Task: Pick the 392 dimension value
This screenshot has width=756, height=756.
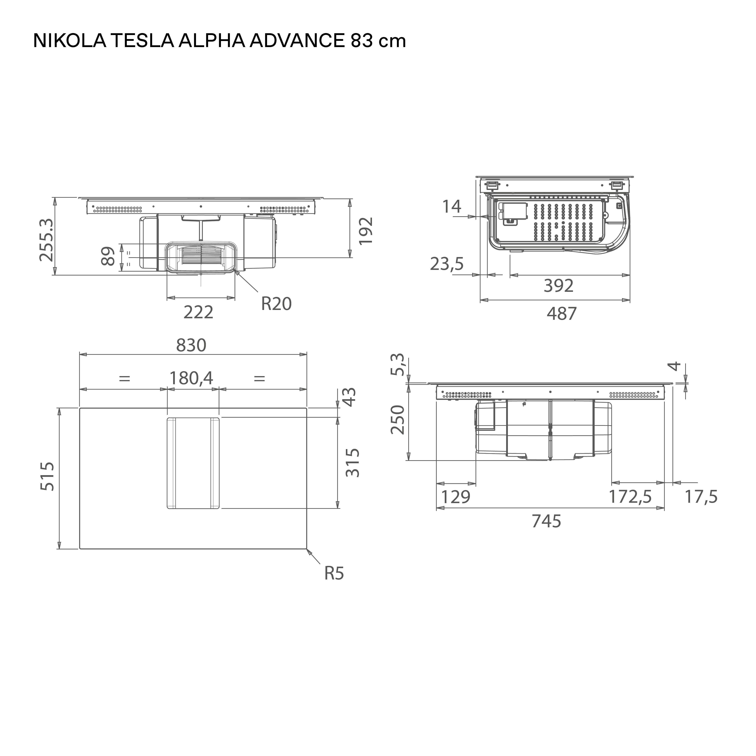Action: [x=558, y=286]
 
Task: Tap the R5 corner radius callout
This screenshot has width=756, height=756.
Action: [x=334, y=574]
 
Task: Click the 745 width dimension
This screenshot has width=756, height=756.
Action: [x=546, y=521]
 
